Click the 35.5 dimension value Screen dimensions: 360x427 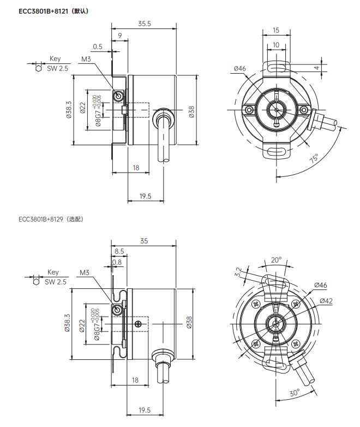point(144,23)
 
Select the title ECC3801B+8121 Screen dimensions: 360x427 point(43,11)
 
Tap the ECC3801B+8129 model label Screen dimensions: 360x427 point(41,219)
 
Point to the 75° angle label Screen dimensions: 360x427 point(314,158)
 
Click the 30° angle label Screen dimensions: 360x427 point(295,393)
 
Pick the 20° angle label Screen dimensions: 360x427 point(276,260)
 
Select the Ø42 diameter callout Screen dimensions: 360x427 point(326,301)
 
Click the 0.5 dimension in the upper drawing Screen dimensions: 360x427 point(98,47)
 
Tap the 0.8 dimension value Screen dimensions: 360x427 point(117,262)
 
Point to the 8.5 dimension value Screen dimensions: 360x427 point(119,251)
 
